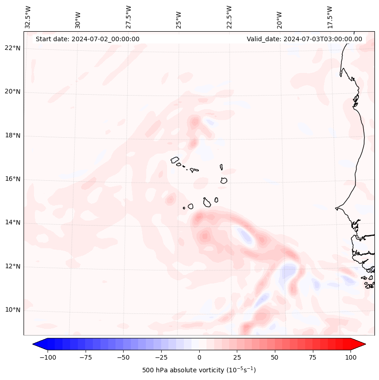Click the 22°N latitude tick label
(13, 48)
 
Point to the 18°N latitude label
(13, 135)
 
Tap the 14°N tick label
(13, 222)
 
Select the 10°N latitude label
(13, 310)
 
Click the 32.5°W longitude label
(28, 17)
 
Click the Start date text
(87, 39)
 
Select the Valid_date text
(304, 39)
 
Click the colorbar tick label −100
(48, 357)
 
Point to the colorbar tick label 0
(199, 357)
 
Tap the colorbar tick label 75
(313, 357)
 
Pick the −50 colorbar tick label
(123, 357)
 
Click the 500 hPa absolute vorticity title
(199, 370)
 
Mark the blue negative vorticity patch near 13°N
(246, 236)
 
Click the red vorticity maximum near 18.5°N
(195, 121)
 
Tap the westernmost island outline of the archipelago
(175, 160)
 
